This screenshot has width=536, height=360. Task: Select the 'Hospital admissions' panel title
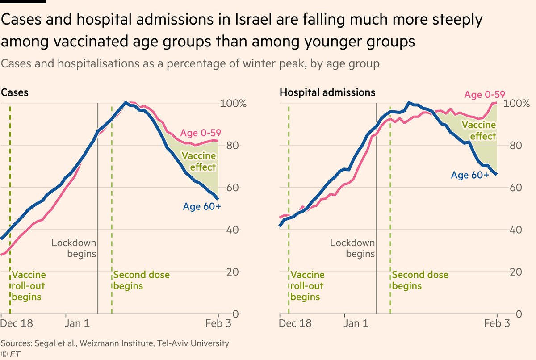pyautogui.click(x=327, y=92)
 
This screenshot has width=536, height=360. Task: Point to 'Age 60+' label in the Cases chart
pyautogui.click(x=202, y=206)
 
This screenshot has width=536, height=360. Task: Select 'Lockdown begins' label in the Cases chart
pyautogui.click(x=74, y=248)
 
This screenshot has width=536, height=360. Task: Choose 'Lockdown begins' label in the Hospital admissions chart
pyautogui.click(x=353, y=248)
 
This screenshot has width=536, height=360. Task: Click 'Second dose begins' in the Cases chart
pyautogui.click(x=141, y=280)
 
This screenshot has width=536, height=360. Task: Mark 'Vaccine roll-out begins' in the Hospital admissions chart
pyautogui.click(x=307, y=286)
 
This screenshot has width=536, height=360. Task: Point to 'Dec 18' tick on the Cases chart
pyautogui.click(x=17, y=323)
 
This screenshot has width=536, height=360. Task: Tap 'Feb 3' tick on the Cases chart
pyautogui.click(x=218, y=323)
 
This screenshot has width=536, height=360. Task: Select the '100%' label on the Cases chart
pyautogui.click(x=234, y=104)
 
